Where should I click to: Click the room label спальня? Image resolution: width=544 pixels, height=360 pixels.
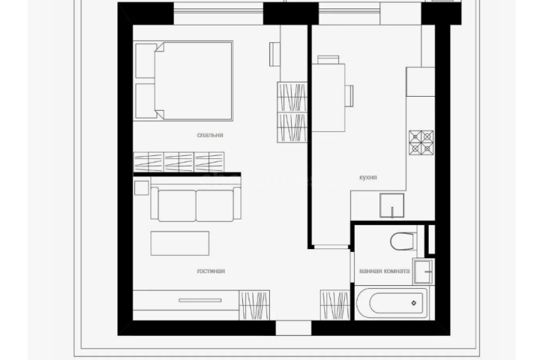coord(210,135)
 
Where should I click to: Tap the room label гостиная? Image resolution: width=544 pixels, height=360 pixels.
coord(211,271)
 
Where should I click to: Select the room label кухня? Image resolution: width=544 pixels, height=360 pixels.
coord(368,177)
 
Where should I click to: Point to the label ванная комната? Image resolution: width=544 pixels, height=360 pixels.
coord(384,271)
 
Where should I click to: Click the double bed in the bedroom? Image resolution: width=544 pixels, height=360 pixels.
coord(183,80)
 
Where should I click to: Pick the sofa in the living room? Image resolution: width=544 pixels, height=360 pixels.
coord(196,204)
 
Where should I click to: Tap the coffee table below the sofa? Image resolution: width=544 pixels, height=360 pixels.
coord(179,244)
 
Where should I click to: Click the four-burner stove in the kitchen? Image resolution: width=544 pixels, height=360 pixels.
coord(421,143)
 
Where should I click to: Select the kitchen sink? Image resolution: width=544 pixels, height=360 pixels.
coord(392,205)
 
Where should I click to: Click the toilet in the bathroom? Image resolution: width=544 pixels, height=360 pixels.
coord(403,241)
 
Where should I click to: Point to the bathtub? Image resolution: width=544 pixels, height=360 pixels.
coord(393,303)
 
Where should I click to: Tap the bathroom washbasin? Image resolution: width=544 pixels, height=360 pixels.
coord(423,271)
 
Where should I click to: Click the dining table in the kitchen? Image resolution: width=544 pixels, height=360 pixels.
coord(329,97)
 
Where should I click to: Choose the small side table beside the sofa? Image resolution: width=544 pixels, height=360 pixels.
coord(141,188)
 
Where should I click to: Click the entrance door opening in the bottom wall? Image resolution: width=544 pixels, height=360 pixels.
coord(293,328)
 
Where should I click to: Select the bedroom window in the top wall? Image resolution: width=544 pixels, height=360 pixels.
coord(218,13)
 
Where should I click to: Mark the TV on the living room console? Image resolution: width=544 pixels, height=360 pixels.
coord(200,301)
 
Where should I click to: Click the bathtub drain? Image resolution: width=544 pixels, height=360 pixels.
coord(413,303)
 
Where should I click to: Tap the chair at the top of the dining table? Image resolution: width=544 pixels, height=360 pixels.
coord(329,59)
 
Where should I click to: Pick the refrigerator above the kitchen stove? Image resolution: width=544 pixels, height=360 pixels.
coord(420,82)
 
